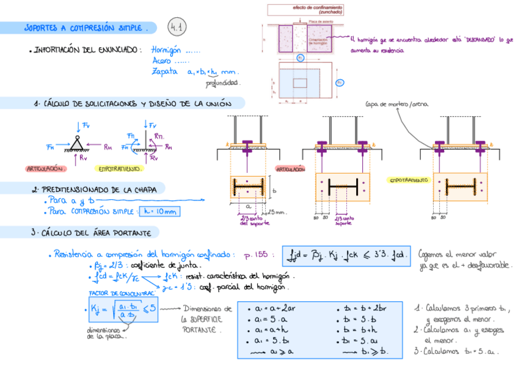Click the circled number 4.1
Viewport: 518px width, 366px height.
[x=178, y=27]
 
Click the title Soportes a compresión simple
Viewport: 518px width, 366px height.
[x=85, y=28]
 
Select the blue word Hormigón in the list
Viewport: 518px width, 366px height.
[x=167, y=51]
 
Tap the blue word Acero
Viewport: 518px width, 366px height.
[x=162, y=61]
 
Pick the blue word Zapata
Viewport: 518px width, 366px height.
[x=164, y=71]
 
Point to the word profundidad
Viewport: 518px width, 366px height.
[x=222, y=83]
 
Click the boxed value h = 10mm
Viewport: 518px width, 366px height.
[x=161, y=212]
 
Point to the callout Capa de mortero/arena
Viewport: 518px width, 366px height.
[x=396, y=104]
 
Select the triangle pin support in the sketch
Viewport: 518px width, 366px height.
[x=78, y=144]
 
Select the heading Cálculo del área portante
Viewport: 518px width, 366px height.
[x=92, y=233]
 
